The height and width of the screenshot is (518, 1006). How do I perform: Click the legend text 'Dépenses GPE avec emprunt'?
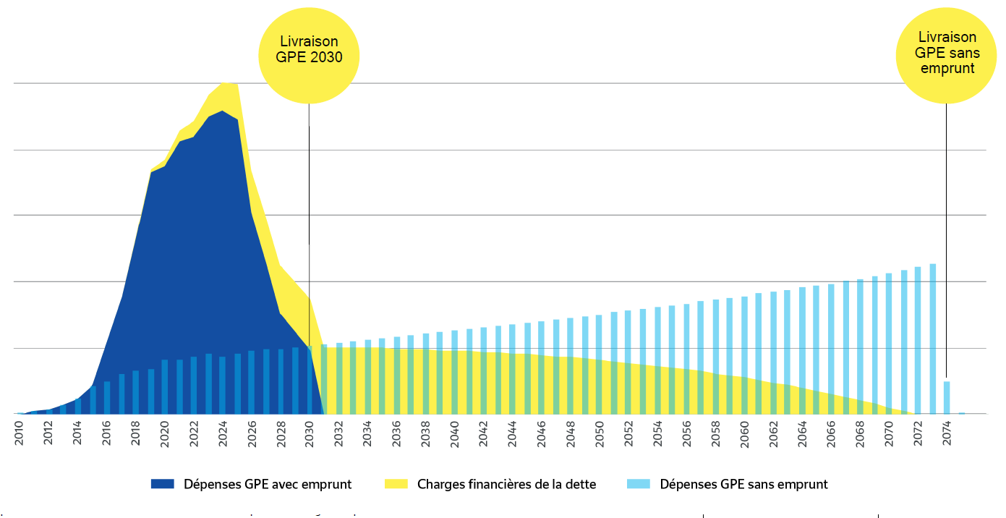[x=268, y=484]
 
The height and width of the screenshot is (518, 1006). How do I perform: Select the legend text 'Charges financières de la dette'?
[x=506, y=484]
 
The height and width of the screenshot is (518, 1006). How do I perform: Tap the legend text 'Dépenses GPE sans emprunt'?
[x=743, y=484]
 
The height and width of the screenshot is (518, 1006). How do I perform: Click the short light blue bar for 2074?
[x=947, y=397]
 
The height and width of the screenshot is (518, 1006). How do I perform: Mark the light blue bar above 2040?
[x=454, y=372]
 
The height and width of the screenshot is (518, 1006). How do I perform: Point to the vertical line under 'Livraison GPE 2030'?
[x=310, y=217]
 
